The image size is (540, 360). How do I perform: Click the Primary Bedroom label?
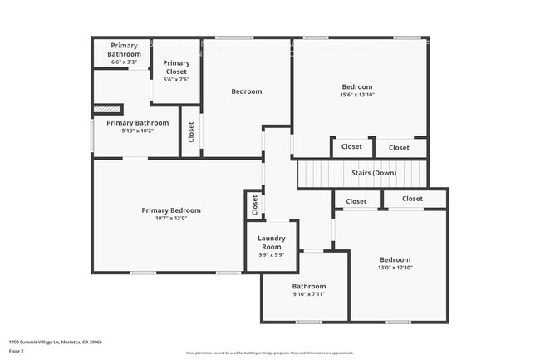pos(170,210)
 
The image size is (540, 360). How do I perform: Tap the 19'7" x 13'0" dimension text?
pos(170,219)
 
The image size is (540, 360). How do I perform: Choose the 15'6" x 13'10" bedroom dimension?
pos(357,96)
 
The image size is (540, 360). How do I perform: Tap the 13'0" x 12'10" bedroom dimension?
pos(395,268)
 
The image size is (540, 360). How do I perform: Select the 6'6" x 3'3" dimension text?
pos(124,62)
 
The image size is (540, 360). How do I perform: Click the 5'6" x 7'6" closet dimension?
pos(176,81)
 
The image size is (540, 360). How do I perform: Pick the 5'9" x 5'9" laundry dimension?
pos(272,254)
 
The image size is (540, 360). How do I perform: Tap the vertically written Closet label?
pos(190,131)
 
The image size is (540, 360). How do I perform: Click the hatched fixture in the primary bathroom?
pos(106,108)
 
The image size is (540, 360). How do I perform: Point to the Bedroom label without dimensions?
pos(246,91)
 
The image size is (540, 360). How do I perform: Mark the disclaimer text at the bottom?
pos(269,353)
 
